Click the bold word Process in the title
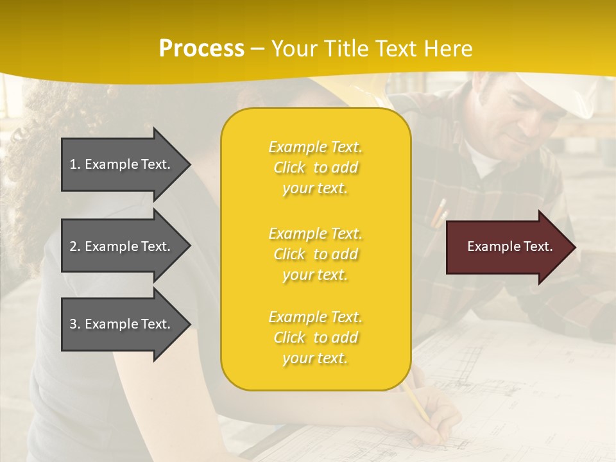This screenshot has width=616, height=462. tap(201, 49)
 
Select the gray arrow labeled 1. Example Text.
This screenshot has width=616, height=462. tap(122, 164)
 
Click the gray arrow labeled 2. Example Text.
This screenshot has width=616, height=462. tap(122, 246)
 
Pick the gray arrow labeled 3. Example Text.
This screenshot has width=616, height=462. tap(122, 324)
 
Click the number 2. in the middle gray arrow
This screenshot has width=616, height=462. tap(75, 246)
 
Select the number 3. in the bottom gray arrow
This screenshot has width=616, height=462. tap(75, 324)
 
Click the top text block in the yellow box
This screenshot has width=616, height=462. tap(315, 167)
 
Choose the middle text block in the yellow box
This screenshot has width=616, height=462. tap(315, 254)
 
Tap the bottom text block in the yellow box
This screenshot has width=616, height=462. tap(315, 338)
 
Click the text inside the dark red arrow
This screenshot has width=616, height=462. tap(510, 247)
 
